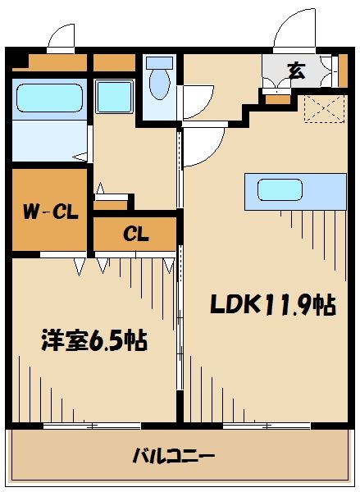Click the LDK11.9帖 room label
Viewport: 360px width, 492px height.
tap(272, 305)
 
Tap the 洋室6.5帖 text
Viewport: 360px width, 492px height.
tap(93, 340)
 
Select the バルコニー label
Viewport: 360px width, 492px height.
tap(174, 455)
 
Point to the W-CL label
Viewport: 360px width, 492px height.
tap(50, 212)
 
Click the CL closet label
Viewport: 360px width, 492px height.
tap(135, 234)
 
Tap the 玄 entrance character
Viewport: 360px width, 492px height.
tap(295, 71)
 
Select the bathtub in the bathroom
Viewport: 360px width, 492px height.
tap(50, 98)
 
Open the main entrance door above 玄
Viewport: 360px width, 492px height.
tap(293, 29)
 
